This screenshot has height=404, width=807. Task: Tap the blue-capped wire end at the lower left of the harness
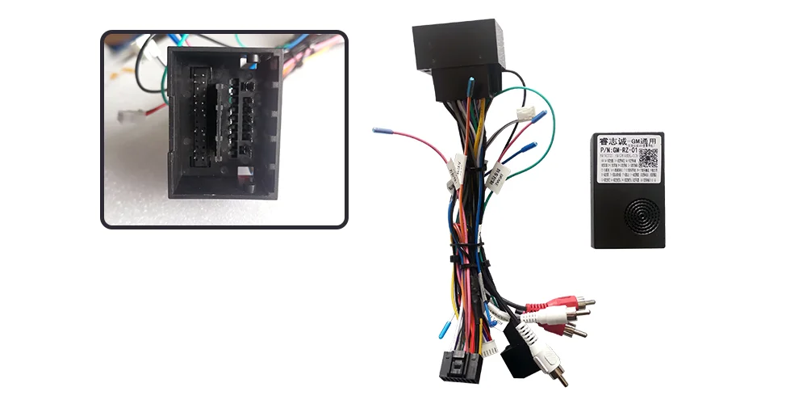click(x=443, y=328)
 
